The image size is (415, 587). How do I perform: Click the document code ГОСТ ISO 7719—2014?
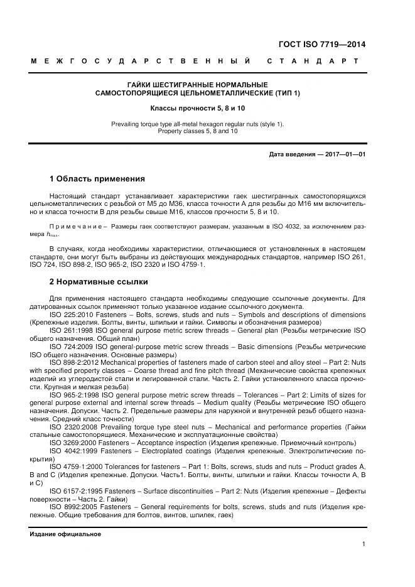point(321,45)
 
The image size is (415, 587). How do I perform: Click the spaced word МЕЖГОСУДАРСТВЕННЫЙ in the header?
point(141,62)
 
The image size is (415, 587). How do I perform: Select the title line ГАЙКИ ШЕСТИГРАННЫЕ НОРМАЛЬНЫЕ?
point(197,85)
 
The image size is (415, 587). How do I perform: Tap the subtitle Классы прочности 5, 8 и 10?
point(197,108)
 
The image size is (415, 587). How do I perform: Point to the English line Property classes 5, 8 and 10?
point(197,131)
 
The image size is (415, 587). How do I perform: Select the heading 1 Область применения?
point(97,178)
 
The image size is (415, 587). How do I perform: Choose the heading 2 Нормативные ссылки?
point(99,282)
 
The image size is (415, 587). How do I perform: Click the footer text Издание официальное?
point(65,534)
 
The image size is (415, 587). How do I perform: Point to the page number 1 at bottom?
point(364,544)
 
